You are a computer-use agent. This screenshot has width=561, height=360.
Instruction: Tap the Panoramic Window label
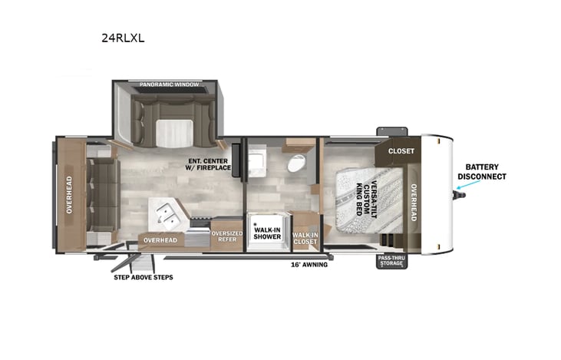(x=169, y=84)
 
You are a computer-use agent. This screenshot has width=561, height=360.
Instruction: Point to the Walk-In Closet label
(x=306, y=239)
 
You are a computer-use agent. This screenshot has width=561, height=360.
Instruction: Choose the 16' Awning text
(x=309, y=265)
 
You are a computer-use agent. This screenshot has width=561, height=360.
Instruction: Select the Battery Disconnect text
(x=481, y=171)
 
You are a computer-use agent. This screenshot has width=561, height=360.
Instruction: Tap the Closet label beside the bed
(x=401, y=151)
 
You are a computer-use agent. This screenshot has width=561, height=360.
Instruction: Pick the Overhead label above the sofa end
(x=69, y=195)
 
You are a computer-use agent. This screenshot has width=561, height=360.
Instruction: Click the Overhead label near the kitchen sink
(x=160, y=240)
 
